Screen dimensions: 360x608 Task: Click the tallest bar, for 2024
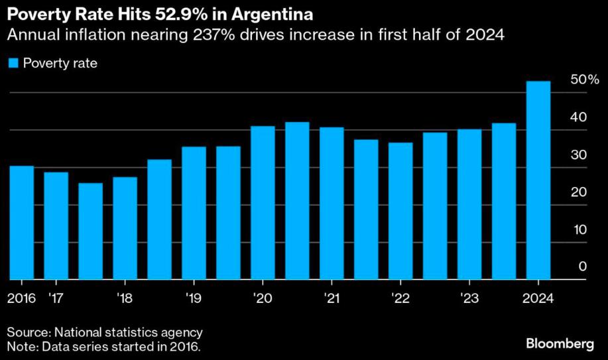(x=538, y=180)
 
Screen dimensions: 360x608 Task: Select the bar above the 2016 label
(x=22, y=223)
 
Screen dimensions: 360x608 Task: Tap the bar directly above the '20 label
(x=263, y=203)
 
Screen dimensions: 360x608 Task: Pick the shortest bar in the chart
(x=91, y=231)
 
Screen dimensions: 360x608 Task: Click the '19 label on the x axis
(x=193, y=298)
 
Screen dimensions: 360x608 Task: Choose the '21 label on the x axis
(x=331, y=298)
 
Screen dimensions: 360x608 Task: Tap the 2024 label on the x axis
(x=538, y=298)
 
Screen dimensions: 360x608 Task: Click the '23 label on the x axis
(x=469, y=298)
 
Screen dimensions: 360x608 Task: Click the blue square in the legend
(x=12, y=64)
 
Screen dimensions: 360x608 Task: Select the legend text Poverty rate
(x=60, y=64)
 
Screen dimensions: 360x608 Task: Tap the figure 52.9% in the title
(x=176, y=13)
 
